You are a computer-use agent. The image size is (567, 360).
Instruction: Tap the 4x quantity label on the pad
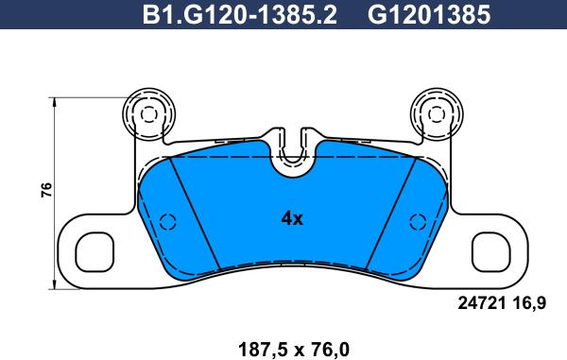click(292, 218)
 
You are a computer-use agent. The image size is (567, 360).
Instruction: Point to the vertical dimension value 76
click(44, 190)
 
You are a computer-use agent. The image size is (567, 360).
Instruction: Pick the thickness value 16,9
click(530, 303)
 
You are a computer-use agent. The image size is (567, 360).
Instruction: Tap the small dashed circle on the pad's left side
click(167, 223)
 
